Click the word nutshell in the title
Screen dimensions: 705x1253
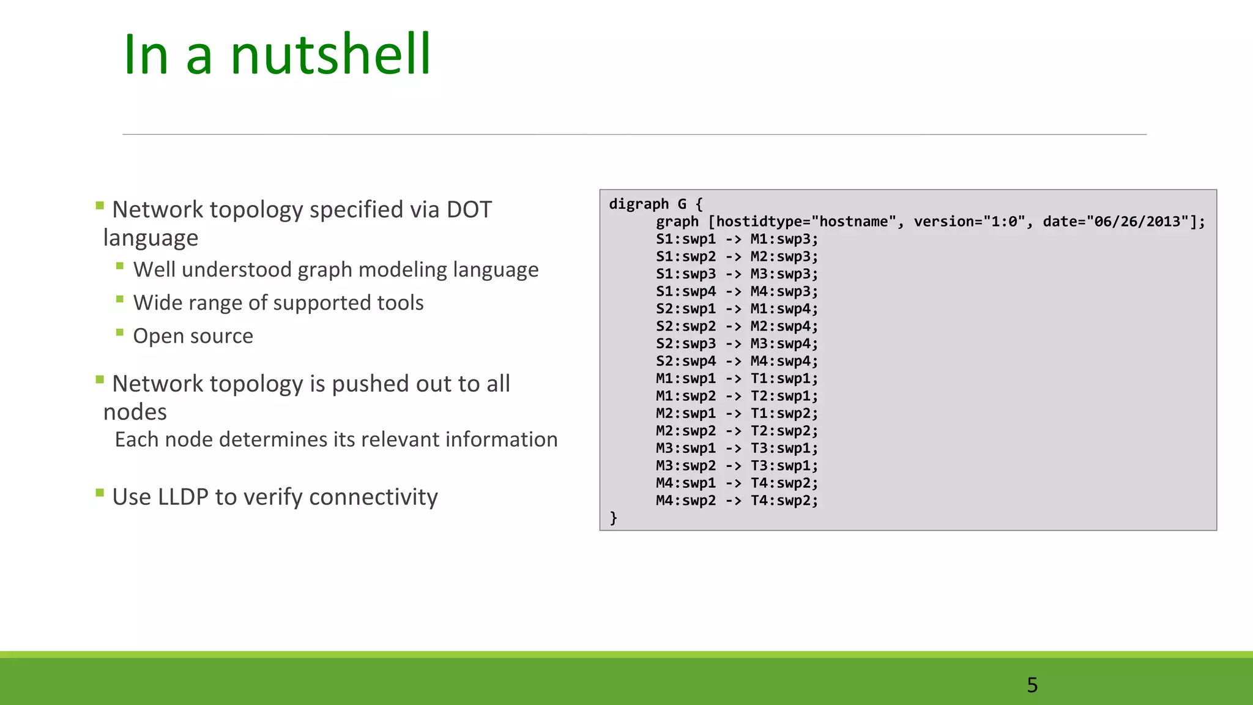(330, 55)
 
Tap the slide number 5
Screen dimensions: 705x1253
(1032, 685)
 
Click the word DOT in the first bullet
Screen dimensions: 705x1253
(469, 210)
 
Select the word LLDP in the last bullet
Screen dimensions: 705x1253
(182, 497)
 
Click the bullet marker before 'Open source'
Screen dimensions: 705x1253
(120, 333)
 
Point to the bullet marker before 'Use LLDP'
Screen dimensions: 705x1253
(100, 493)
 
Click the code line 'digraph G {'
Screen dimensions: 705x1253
(655, 204)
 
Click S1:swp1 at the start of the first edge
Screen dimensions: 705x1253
(685, 239)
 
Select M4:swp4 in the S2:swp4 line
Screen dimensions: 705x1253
(783, 361)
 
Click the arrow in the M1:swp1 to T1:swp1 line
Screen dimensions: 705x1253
(733, 379)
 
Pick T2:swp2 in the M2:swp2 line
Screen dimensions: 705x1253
(783, 431)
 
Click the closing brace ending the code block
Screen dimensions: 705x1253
(613, 518)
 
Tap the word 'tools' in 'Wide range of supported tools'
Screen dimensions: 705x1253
(398, 303)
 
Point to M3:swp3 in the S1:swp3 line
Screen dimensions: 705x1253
(783, 274)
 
